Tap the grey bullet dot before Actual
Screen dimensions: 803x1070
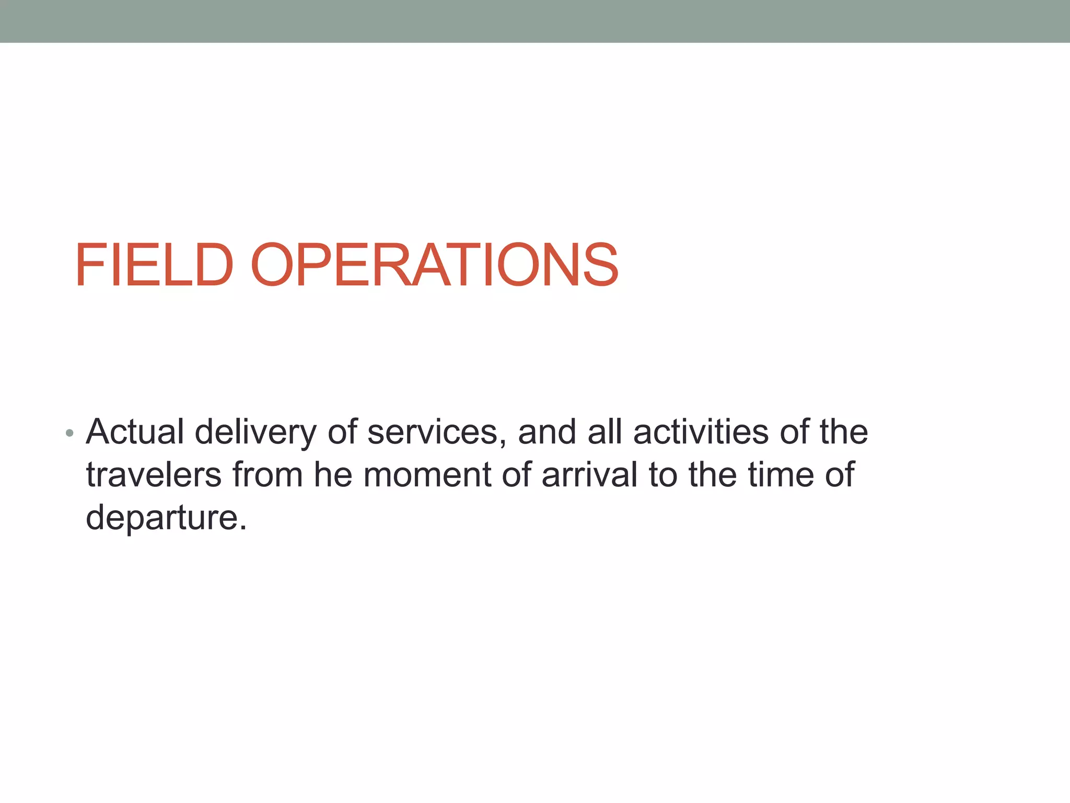click(70, 433)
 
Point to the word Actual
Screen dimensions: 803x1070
click(135, 432)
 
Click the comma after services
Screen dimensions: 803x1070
click(503, 443)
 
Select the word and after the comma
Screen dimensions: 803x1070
click(546, 432)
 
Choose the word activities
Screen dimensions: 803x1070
click(701, 432)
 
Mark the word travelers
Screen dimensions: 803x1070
click(154, 475)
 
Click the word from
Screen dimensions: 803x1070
click(267, 475)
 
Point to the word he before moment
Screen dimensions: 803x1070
click(333, 475)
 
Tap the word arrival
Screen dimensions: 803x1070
click(589, 475)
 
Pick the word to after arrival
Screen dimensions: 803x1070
click(662, 476)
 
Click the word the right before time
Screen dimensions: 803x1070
click(712, 475)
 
